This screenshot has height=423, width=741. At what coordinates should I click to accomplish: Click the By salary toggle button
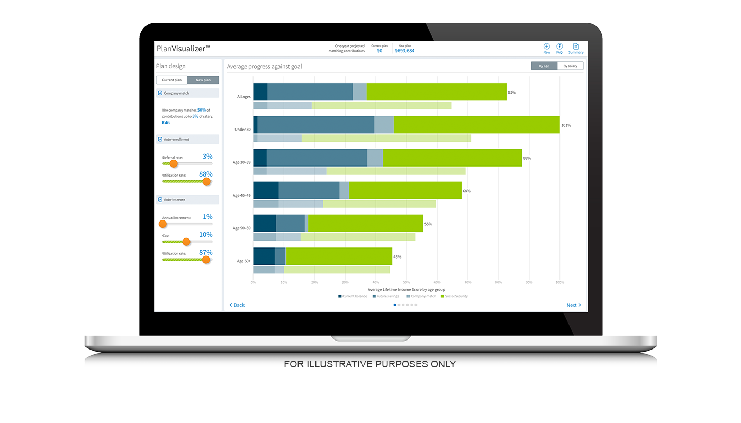570,66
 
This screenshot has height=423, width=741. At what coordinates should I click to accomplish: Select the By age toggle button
544,66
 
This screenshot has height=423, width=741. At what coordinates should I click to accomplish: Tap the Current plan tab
171,80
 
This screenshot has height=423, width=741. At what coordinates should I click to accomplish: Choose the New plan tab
203,80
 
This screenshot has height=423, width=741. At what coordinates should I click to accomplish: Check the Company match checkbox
160,93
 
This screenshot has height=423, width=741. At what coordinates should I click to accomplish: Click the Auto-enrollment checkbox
160,139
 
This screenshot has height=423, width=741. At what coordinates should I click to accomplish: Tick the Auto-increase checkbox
160,199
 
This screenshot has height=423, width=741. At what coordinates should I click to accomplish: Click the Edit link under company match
166,123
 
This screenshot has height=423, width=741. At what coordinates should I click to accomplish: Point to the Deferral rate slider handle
174,163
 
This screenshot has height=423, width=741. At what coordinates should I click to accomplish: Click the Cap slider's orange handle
186,242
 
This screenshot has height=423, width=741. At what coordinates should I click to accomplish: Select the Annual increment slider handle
163,224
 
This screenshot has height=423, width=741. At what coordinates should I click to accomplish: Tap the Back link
237,305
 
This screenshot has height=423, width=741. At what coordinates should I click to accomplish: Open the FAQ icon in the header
559,48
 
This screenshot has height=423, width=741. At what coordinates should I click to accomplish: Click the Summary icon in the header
576,48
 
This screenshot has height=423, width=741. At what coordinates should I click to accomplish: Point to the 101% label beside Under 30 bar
566,125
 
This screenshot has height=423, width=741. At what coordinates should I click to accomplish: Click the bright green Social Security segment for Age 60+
339,256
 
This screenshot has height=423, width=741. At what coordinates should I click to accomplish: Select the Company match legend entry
421,296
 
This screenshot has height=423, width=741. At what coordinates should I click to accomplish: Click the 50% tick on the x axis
406,282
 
